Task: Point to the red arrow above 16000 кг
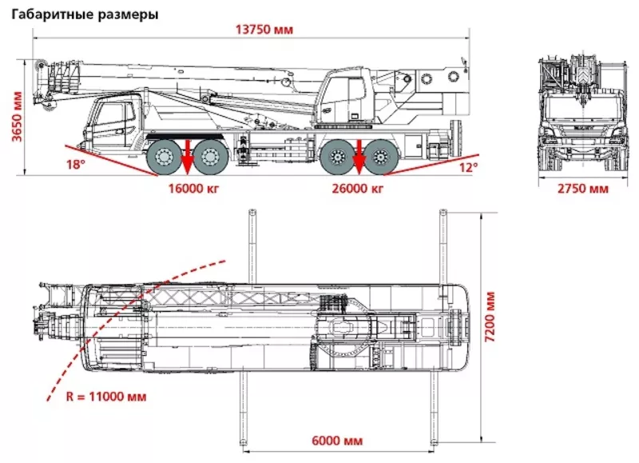(x=185, y=155)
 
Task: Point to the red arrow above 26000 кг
(x=359, y=155)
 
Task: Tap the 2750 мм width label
(x=582, y=190)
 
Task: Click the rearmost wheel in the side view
(x=383, y=156)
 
